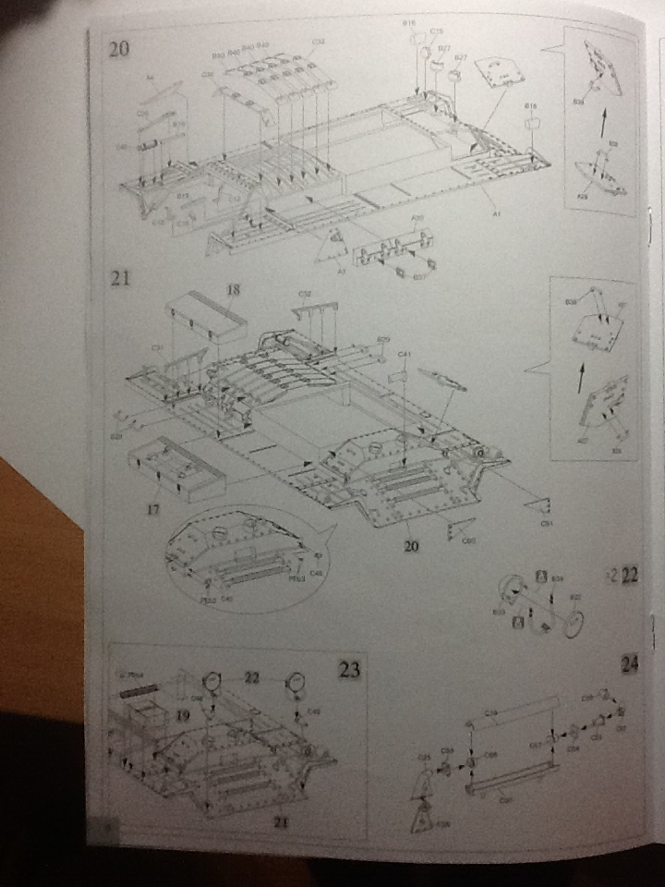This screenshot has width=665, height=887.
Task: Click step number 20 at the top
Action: click(119, 48)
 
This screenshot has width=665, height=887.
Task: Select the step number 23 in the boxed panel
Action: click(348, 670)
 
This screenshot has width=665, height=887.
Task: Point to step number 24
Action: click(629, 664)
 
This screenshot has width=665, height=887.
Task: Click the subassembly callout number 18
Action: click(233, 290)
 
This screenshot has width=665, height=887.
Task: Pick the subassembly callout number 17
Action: click(155, 506)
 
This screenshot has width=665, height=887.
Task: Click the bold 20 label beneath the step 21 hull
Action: click(411, 546)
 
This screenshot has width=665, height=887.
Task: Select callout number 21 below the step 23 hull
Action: click(277, 819)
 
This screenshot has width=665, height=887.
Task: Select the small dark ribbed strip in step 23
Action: click(141, 690)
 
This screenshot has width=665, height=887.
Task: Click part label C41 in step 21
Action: click(404, 354)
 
